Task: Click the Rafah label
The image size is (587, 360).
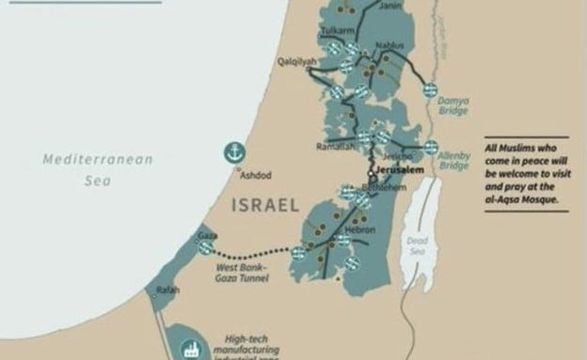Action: tap(168, 290)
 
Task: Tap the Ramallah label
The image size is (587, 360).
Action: tap(335, 148)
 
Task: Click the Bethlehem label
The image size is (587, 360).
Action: tap(388, 187)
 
